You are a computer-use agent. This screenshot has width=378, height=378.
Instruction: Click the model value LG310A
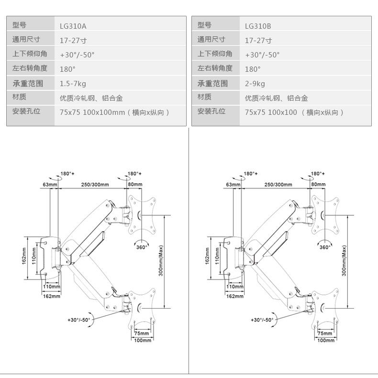coord(73,26)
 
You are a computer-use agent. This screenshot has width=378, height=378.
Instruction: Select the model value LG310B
coord(258,26)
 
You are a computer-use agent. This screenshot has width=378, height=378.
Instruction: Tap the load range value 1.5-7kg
coord(73,84)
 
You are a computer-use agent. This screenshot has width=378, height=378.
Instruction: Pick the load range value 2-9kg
coord(255,84)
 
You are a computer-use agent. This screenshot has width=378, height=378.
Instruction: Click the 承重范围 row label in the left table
coord(28,83)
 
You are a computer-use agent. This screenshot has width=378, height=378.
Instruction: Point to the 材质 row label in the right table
coord(204,97)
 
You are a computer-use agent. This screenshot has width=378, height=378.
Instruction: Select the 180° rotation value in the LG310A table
coord(68,69)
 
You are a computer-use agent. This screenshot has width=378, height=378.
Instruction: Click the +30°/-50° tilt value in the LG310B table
coord(262,55)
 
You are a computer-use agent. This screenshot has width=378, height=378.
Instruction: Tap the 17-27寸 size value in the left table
coord(73,41)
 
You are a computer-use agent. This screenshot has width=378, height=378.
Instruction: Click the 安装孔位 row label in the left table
coord(26,111)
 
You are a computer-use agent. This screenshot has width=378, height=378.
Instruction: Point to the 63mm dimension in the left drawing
coord(50,184)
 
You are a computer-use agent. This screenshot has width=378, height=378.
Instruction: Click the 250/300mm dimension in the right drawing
coord(278,184)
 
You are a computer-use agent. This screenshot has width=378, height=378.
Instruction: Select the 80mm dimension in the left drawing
coord(135,184)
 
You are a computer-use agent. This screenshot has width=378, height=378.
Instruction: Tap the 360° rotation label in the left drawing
coord(142,247)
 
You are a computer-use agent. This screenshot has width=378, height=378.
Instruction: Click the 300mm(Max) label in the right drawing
coord(344,261)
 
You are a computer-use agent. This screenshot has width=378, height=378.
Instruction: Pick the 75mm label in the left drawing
coord(142,333)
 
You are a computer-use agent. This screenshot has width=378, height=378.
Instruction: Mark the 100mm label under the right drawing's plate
coord(326,340)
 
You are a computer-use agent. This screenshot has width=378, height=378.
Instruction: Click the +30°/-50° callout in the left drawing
coord(79,320)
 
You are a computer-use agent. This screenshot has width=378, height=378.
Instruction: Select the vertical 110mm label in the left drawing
coord(34,256)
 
